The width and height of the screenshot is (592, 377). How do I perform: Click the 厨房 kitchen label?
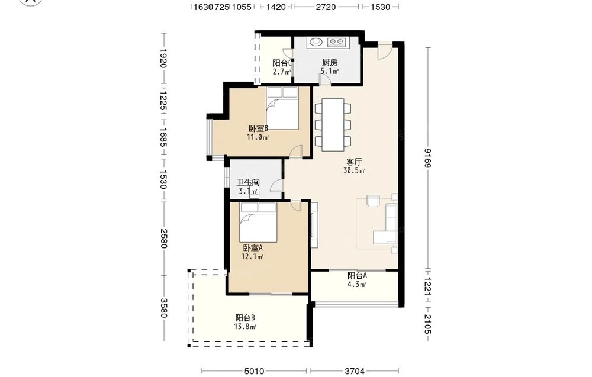[x=330, y=62]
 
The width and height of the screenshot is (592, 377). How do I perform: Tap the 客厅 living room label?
[x=354, y=162]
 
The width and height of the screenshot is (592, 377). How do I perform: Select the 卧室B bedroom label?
[x=258, y=128]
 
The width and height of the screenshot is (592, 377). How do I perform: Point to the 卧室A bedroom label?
[x=253, y=248]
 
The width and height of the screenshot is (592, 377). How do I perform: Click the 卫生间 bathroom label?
[x=248, y=183]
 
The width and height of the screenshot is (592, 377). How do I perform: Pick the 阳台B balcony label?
[x=245, y=318]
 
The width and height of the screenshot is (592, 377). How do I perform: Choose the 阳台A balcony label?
[x=357, y=275]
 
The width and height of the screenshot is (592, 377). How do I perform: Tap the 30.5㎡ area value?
[x=354, y=170]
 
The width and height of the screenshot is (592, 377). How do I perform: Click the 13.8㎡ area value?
[x=245, y=327]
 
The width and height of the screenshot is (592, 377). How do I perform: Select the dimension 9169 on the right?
[x=427, y=157]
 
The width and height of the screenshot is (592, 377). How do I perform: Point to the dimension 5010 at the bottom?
[x=254, y=371]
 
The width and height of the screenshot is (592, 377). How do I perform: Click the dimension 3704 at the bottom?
[x=355, y=371]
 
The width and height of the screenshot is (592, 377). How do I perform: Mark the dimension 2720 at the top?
[x=326, y=7]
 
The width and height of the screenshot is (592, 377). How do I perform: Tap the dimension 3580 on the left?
[x=163, y=308]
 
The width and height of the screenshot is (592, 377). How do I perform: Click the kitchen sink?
[x=315, y=42]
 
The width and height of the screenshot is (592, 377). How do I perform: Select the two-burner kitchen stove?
[x=336, y=42]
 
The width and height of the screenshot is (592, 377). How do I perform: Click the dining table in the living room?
[x=333, y=124]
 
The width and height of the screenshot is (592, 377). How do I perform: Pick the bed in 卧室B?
[x=282, y=108]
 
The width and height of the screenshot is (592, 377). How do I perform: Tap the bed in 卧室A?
[x=258, y=223]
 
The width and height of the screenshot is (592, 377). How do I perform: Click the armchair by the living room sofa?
[x=374, y=201]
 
